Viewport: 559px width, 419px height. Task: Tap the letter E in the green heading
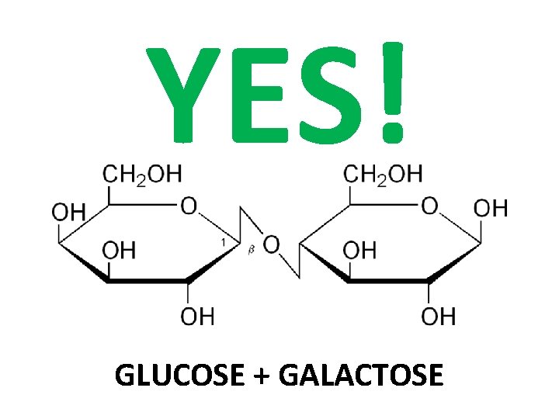(x=263, y=93)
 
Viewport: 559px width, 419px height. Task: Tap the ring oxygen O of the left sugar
(x=189, y=206)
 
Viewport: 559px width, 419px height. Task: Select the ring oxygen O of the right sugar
(x=429, y=206)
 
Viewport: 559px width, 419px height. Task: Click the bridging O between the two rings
(x=271, y=245)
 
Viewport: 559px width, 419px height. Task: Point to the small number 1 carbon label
(x=223, y=243)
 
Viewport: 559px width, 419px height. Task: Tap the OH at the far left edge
(x=68, y=212)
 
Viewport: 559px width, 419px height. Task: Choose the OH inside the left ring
(x=119, y=249)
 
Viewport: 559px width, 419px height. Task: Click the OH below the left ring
(x=198, y=316)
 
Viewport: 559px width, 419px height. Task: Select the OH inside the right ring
(x=359, y=249)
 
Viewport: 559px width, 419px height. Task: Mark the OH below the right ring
(x=439, y=316)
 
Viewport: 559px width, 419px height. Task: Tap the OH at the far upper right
(x=491, y=207)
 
